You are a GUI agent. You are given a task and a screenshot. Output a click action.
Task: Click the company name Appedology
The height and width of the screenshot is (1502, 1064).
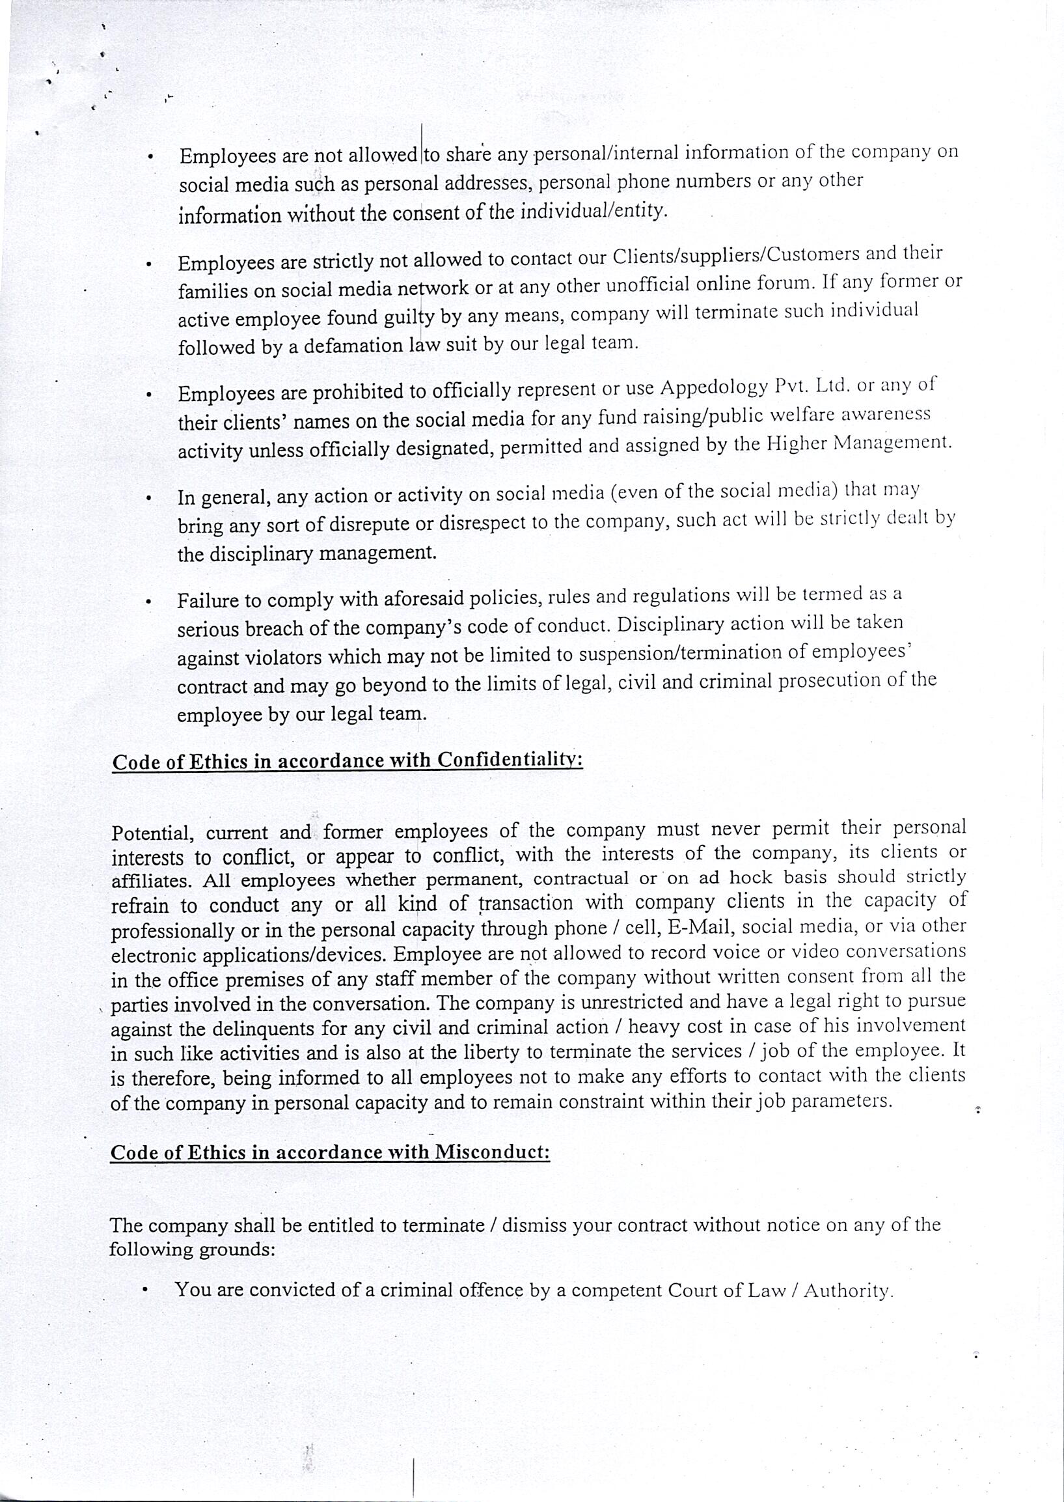pos(713,387)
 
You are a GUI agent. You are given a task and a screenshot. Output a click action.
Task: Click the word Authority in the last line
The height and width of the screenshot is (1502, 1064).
pos(848,1290)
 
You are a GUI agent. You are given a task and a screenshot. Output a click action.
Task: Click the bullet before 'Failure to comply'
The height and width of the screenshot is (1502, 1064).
pos(150,601)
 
